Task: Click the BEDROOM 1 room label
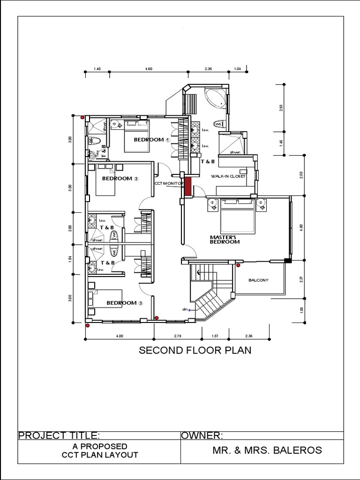click(149, 140)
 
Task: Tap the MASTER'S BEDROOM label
click(225, 240)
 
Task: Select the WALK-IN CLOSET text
click(229, 176)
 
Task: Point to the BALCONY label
click(258, 280)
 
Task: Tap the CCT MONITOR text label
click(169, 183)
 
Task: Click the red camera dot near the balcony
click(238, 265)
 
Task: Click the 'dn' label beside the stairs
click(185, 309)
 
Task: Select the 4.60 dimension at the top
click(149, 69)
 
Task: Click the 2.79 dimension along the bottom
click(177, 336)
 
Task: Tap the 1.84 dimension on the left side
click(70, 258)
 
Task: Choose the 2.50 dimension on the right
click(301, 174)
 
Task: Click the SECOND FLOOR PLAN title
click(195, 350)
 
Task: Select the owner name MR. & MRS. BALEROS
click(267, 450)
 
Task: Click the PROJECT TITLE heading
click(59, 436)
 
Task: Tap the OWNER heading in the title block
click(202, 436)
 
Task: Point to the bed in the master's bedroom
click(237, 216)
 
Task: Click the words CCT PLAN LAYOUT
click(100, 455)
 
